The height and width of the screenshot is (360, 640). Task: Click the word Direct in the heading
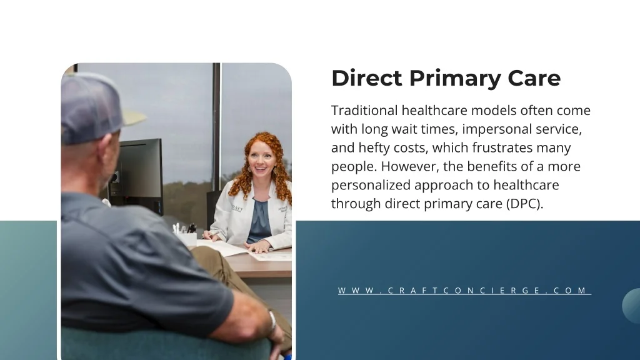pyautogui.click(x=366, y=77)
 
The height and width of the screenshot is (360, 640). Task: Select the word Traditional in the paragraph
pyautogui.click(x=364, y=110)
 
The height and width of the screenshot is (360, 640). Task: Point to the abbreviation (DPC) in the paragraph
pyautogui.click(x=524, y=204)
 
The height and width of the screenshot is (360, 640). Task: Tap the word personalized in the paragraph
pyautogui.click(x=371, y=185)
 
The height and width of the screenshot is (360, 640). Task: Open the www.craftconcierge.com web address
pyautogui.click(x=464, y=291)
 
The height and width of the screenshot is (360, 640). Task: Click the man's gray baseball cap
pyautogui.click(x=96, y=108)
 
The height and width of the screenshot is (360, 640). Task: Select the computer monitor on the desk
pyautogui.click(x=138, y=175)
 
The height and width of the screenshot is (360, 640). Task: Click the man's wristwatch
pyautogui.click(x=272, y=321)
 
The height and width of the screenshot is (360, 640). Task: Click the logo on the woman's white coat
pyautogui.click(x=237, y=209)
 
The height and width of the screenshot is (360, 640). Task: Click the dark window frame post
pyautogui.click(x=216, y=126)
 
